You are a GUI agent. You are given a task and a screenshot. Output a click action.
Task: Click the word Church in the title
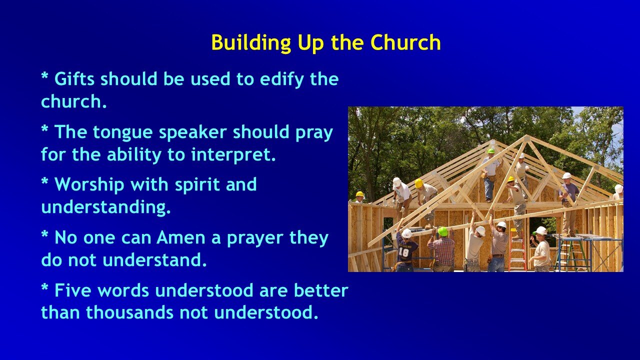click(x=405, y=43)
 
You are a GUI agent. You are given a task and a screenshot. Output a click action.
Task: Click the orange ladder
click(x=517, y=250)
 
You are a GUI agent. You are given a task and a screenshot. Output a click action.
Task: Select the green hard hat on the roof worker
click(x=491, y=150)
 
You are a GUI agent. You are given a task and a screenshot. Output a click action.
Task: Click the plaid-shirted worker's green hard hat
click(x=443, y=231)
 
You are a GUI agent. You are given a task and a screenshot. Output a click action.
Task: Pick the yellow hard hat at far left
click(x=359, y=194)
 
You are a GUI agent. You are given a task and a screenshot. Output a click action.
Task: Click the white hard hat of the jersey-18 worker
click(x=407, y=233)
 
